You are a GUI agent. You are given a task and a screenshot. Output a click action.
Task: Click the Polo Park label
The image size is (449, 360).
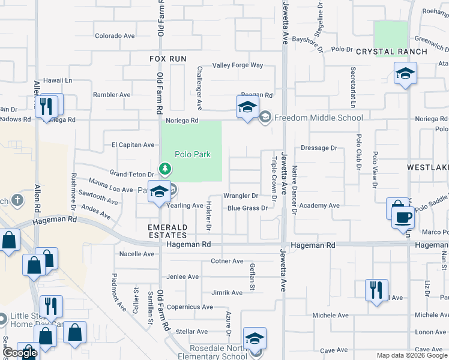pyautogui.click(x=193, y=154)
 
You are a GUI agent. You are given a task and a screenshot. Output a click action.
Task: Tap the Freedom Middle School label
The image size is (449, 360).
pyautogui.click(x=318, y=118)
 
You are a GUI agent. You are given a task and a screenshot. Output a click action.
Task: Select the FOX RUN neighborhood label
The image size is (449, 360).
pyautogui.click(x=168, y=59)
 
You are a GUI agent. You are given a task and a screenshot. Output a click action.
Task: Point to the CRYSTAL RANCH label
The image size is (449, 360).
pyautogui.click(x=391, y=52)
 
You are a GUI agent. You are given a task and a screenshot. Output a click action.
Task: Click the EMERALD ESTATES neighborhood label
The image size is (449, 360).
pyautogui.click(x=168, y=232)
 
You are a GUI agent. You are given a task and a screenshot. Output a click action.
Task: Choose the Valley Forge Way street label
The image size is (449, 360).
pyautogui.click(x=238, y=65)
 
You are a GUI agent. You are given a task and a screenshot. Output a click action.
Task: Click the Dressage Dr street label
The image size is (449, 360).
pyautogui.click(x=319, y=148)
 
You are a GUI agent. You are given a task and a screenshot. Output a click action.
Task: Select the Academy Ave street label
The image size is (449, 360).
pyautogui.click(x=319, y=206)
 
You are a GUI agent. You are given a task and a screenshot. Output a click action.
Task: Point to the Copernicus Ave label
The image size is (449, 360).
pyautogui.click(x=190, y=307)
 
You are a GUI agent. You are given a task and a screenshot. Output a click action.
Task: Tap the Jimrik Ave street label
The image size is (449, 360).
pyautogui.click(x=227, y=293)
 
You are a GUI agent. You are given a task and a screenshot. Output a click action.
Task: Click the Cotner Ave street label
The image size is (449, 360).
pyautogui.click(x=227, y=262)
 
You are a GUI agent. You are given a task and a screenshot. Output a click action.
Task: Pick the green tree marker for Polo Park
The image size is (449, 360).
pyautogui.click(x=164, y=167)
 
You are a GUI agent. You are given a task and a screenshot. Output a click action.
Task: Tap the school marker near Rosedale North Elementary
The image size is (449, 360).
pyautogui.click(x=255, y=339)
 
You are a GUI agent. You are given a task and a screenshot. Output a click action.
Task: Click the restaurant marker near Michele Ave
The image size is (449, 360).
pyautogui.click(x=376, y=289)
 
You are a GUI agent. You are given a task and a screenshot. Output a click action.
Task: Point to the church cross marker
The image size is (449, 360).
pyautogui.click(x=18, y=200)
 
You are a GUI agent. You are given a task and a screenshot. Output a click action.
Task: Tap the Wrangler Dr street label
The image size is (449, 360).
pyautogui.click(x=240, y=196)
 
